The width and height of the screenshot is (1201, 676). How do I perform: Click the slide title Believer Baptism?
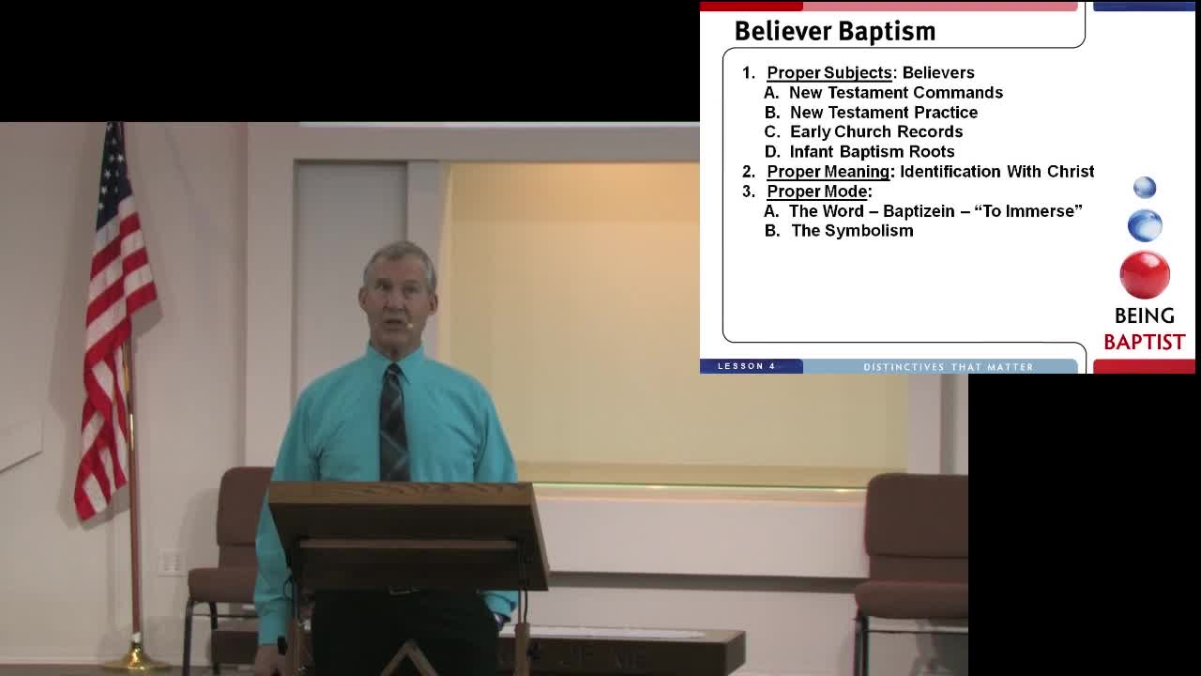834,31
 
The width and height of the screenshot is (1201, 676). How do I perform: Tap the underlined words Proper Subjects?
829,72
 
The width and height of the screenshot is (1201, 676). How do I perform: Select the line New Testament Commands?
895,92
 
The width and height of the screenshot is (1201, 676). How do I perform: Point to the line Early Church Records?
875,131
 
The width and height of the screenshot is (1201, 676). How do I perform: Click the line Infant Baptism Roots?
872,151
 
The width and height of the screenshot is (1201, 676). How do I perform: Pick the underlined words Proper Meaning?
828,171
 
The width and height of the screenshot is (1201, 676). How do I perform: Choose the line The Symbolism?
852,230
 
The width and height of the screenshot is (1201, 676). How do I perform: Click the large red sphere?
1145,274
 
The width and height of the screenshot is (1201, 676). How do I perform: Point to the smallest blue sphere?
1145,188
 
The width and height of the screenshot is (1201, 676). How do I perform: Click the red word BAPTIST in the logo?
1144,342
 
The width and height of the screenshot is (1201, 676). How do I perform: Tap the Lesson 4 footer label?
747,366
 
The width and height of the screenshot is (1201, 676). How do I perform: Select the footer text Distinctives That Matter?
948,366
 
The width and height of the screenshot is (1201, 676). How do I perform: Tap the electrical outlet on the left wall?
170,561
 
